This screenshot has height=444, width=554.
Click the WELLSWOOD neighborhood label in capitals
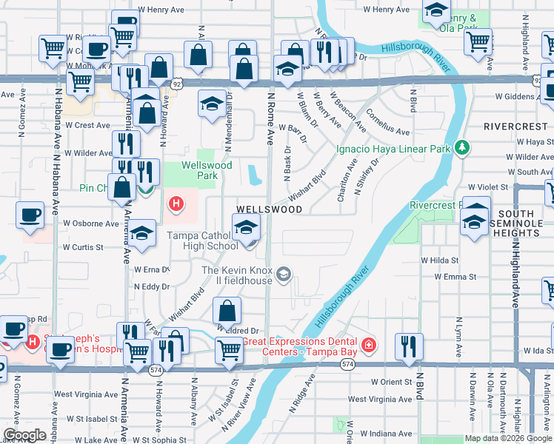269,209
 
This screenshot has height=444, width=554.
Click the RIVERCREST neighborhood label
515,127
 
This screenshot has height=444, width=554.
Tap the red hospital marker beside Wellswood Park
176,203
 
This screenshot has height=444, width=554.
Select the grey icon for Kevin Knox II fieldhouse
282,276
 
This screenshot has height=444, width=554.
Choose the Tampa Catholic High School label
201,240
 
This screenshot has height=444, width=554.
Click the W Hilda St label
440,260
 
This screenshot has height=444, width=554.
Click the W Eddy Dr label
152,286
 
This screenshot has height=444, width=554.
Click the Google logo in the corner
24,435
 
